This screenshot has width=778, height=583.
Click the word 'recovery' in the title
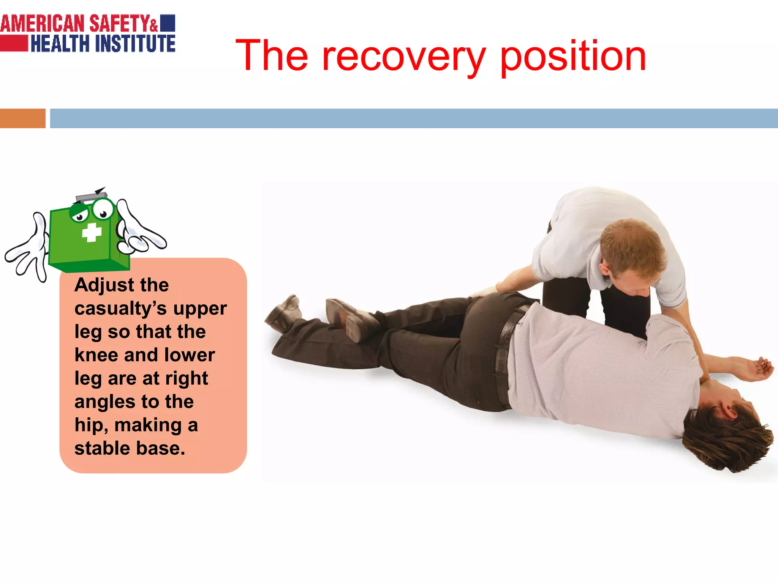[x=403, y=57]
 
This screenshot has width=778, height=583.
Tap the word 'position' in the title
[x=573, y=57]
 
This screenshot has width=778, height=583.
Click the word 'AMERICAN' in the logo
[x=42, y=24]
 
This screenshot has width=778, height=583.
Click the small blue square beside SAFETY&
[x=168, y=23]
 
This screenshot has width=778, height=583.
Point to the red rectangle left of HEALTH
[x=14, y=43]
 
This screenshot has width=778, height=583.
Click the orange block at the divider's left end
[x=22, y=118]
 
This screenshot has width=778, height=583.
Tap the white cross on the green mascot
[x=92, y=232]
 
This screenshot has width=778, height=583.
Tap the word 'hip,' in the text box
[x=91, y=425]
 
